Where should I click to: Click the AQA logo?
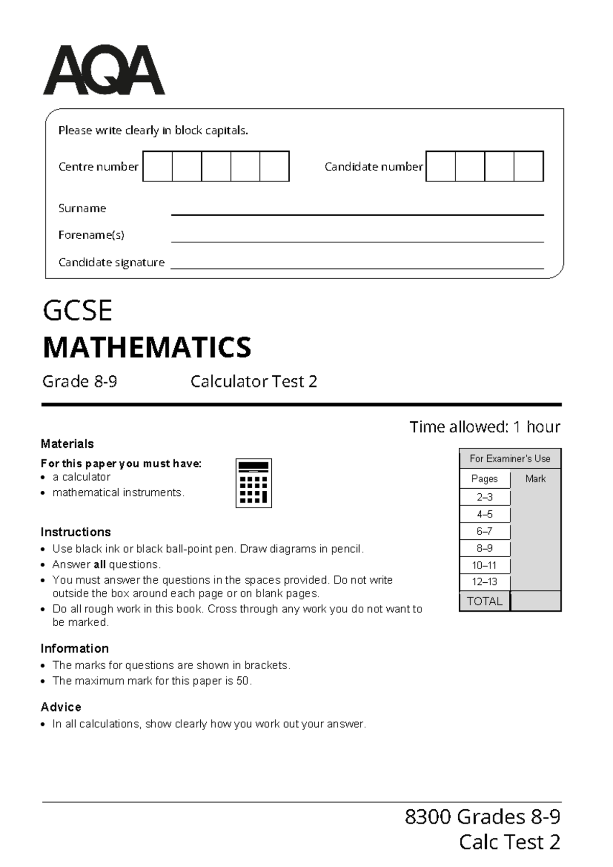point(104,70)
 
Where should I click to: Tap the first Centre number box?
point(157,166)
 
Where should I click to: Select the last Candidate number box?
point(528,166)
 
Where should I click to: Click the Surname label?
point(82,208)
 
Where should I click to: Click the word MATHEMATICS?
point(147,348)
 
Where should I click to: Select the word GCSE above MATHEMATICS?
point(78,311)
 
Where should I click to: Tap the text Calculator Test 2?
point(253,381)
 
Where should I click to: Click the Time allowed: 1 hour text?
point(484,426)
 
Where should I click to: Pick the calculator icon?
point(253,483)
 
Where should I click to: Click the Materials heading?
point(67,444)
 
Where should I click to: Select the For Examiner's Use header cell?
point(510,459)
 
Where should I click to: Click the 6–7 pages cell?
point(484,531)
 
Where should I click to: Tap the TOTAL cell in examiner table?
point(484,601)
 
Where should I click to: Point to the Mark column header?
point(535,479)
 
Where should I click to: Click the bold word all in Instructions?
point(100,564)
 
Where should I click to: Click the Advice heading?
point(61,707)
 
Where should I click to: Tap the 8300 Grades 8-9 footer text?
point(482,817)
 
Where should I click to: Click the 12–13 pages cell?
point(484,582)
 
